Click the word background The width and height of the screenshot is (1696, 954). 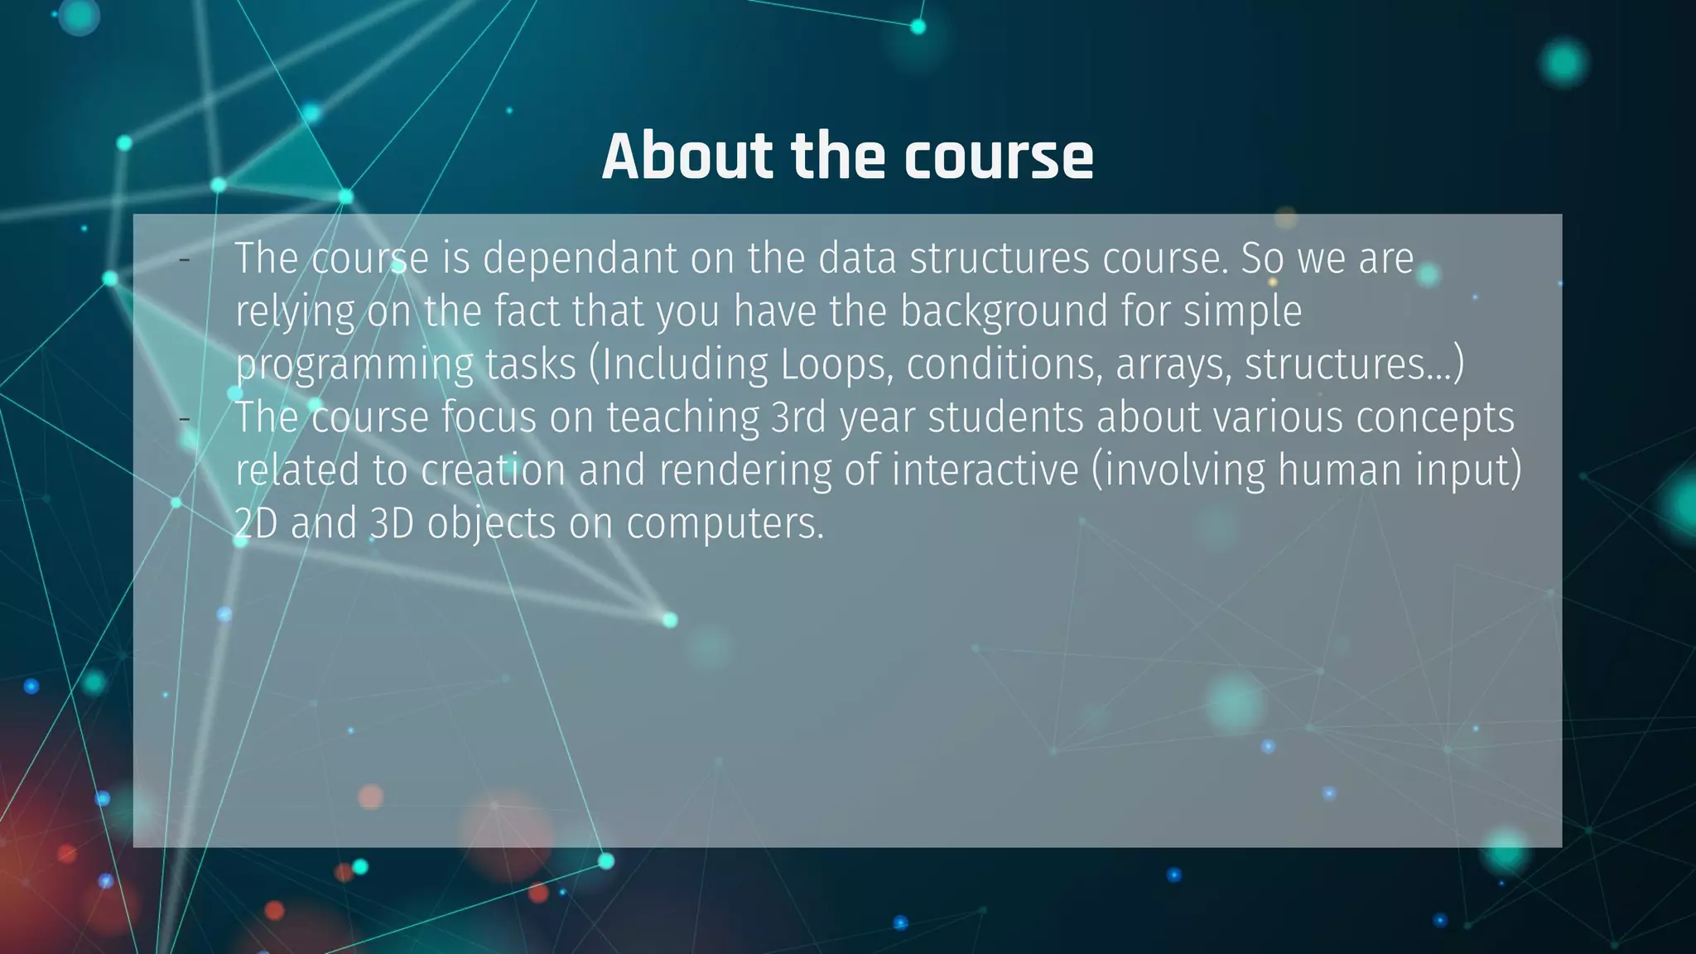point(1003,312)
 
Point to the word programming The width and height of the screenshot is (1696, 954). point(354,365)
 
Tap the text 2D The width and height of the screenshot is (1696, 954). point(256,523)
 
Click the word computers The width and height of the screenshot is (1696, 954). point(725,523)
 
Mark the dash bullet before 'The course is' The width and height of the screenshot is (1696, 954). point(185,260)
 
